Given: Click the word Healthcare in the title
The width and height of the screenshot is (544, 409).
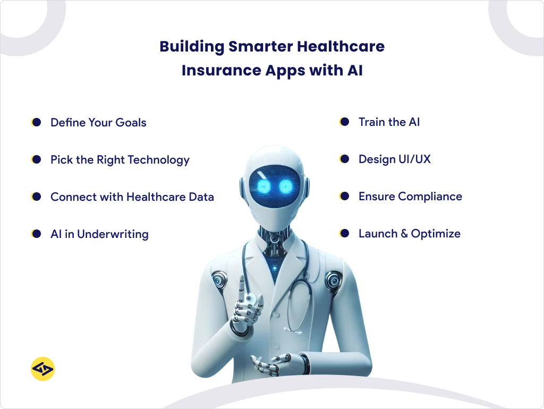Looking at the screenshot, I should click(x=340, y=47).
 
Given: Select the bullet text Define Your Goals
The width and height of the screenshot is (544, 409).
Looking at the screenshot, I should click(x=98, y=123).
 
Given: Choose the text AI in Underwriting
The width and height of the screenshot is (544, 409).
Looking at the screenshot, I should click(x=99, y=234).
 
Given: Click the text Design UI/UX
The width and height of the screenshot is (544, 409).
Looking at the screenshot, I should click(x=394, y=159).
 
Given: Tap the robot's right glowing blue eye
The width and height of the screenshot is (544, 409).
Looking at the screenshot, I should click(x=286, y=186).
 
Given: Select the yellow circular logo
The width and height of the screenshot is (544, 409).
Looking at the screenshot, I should click(x=43, y=369).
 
